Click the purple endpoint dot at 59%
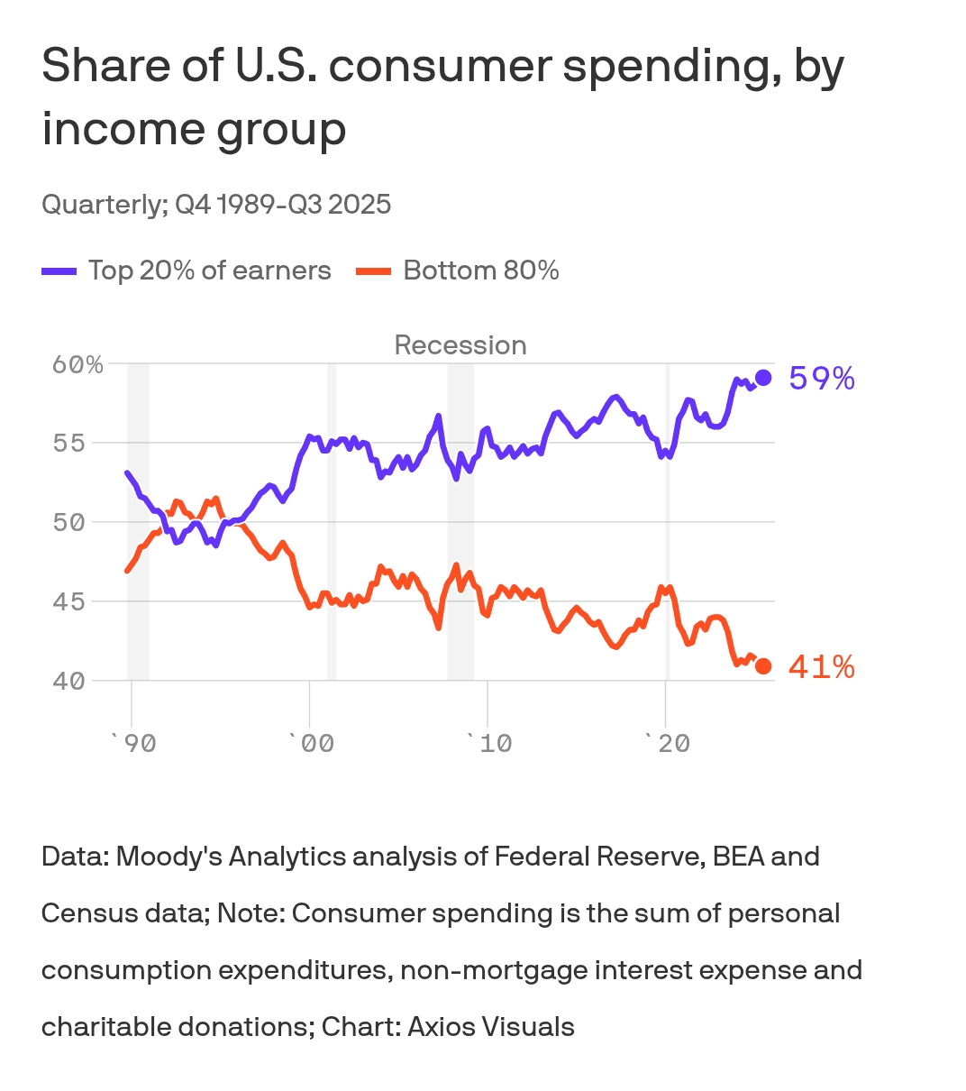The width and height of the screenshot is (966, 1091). pos(763,378)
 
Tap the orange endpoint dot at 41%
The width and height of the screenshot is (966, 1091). pos(763,666)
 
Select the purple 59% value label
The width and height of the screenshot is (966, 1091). pos(822,379)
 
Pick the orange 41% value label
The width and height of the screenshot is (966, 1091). pos(822,667)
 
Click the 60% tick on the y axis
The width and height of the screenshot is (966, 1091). pos(77,365)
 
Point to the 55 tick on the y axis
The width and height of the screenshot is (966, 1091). pos(69,444)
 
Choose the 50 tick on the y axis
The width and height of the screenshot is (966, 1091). pos(69,523)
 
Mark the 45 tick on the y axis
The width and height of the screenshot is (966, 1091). pos(69,601)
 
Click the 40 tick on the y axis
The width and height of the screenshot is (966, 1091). pos(69,681)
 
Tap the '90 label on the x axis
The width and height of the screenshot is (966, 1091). pos(132,744)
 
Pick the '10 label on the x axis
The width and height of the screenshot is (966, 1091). pos(488,744)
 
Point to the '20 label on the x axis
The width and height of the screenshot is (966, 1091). pos(667,744)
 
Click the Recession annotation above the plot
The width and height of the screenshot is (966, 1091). pos(460,345)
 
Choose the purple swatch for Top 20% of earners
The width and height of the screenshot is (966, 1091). pos(59,271)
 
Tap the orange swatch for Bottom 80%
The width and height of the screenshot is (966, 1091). pos(374,271)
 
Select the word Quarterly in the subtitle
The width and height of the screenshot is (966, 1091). pos(103,205)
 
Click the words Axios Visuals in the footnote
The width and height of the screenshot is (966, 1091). pos(491,1027)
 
